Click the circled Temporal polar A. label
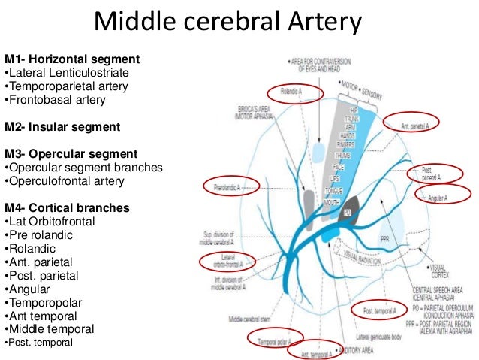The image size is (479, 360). click(x=275, y=340)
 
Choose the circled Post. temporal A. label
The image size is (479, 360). click(x=379, y=310)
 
